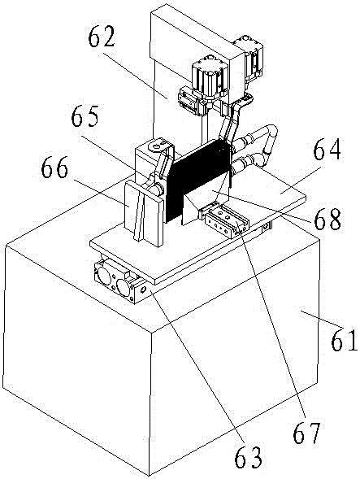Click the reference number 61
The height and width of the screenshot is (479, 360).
point(344,340)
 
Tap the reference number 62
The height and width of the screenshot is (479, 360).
point(102,37)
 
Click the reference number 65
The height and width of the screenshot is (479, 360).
point(85,116)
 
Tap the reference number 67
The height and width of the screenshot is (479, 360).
point(306,433)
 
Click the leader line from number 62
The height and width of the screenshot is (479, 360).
point(135,75)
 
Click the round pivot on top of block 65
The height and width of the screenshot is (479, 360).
point(155,146)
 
